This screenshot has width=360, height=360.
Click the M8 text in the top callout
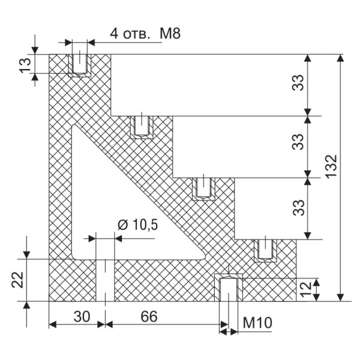[170, 33]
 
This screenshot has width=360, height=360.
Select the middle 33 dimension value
[298, 146]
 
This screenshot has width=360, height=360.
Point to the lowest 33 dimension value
[298, 208]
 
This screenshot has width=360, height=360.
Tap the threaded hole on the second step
[142, 125]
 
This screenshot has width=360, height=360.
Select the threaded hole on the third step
[203, 187]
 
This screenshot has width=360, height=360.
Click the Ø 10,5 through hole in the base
[105, 280]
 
